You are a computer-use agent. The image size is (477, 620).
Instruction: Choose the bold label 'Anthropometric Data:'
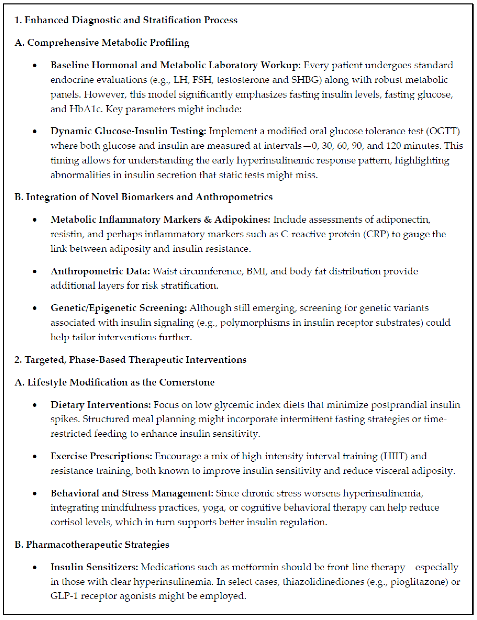pos(100,271)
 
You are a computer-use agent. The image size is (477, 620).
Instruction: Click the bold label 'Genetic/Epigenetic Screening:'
pos(118,308)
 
